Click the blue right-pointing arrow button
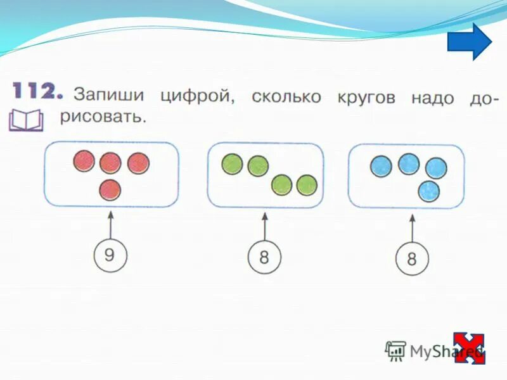pyautogui.click(x=470, y=42)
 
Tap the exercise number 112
pyautogui.click(x=37, y=92)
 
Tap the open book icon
pyautogui.click(x=25, y=120)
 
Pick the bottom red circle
pyautogui.click(x=110, y=189)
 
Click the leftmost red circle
pyautogui.click(x=84, y=161)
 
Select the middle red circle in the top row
pyautogui.click(x=110, y=163)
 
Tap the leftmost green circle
pyautogui.click(x=231, y=165)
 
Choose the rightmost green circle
pyautogui.click(x=307, y=185)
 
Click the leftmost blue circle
pyautogui.click(x=380, y=167)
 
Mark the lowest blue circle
pyautogui.click(x=429, y=190)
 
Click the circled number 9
pyautogui.click(x=110, y=255)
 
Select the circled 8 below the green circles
pyautogui.click(x=264, y=258)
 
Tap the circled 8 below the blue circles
pyautogui.click(x=412, y=260)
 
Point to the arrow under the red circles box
pyautogui.click(x=110, y=225)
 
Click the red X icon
pyautogui.click(x=469, y=348)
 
